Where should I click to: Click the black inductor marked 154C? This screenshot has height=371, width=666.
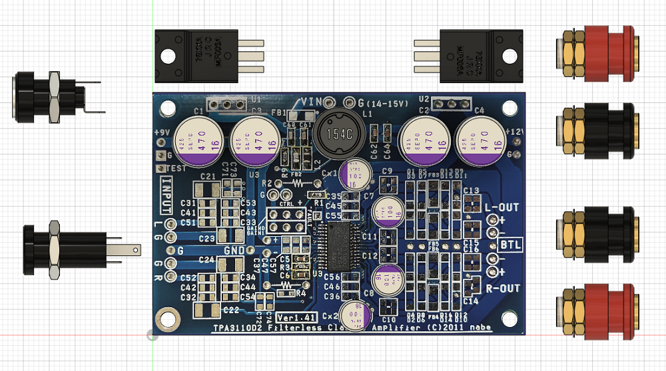337,133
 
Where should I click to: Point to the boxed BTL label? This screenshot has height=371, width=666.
511,245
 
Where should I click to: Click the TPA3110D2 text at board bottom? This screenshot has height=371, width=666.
237,328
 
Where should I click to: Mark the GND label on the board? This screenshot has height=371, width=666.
234,250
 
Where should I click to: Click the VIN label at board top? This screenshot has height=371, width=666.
312,102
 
